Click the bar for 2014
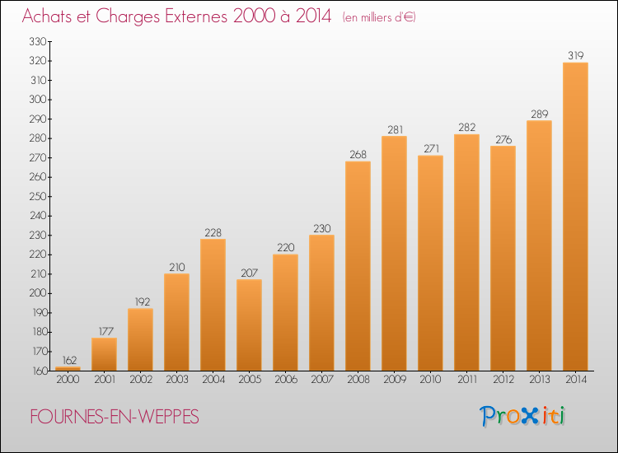coord(575,216)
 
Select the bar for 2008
coord(358,265)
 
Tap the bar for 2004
coord(213,304)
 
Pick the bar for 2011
coord(466,252)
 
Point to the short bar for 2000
coord(68,368)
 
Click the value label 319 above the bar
coord(575,55)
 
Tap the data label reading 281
coord(394,128)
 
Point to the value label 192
coord(140,301)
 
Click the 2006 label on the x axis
coord(285,380)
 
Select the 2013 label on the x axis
coord(539,380)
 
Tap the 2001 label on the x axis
coord(104,380)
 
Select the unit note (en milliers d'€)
coord(379,17)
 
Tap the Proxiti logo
coord(523,416)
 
